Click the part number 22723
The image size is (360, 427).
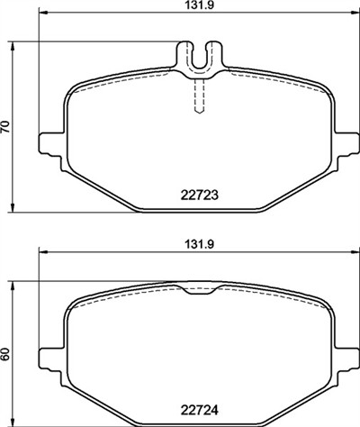[x=199, y=195]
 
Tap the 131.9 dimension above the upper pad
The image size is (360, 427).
[x=199, y=5]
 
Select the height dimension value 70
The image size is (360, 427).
[x=5, y=127]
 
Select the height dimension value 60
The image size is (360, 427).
[x=5, y=355]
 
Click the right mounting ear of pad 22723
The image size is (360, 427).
[x=346, y=144]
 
